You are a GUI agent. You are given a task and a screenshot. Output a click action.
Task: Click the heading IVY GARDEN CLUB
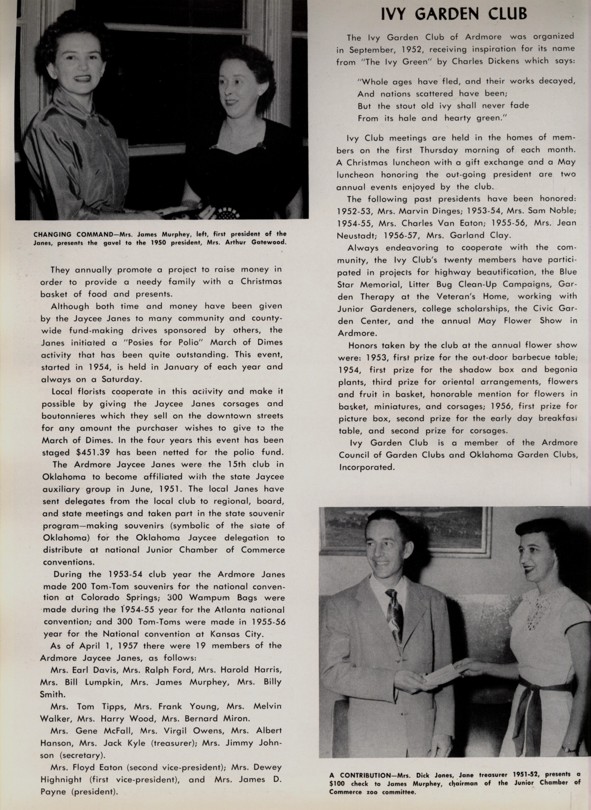[454, 14]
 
